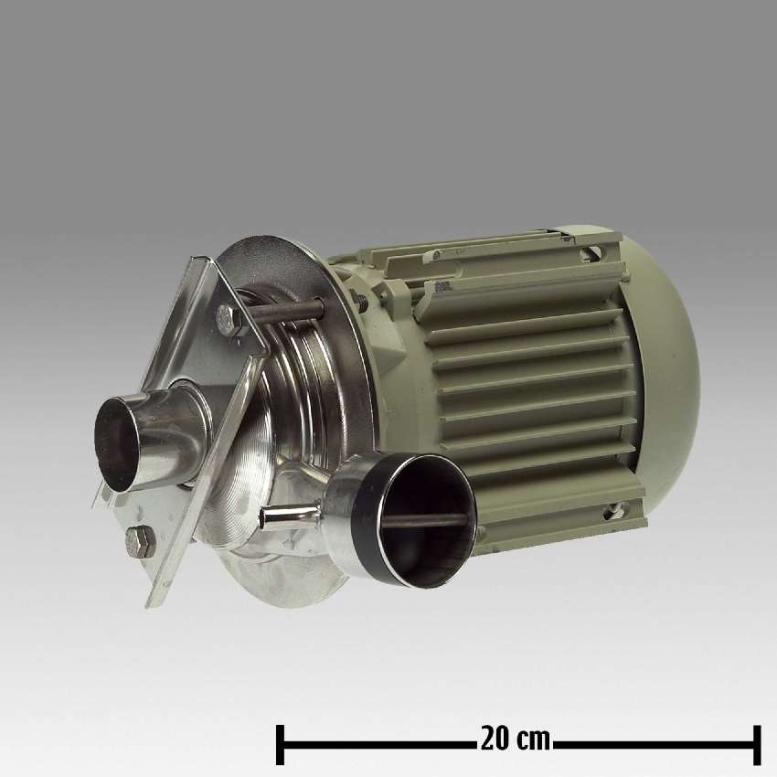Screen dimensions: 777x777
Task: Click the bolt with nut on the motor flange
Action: (x=357, y=295)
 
